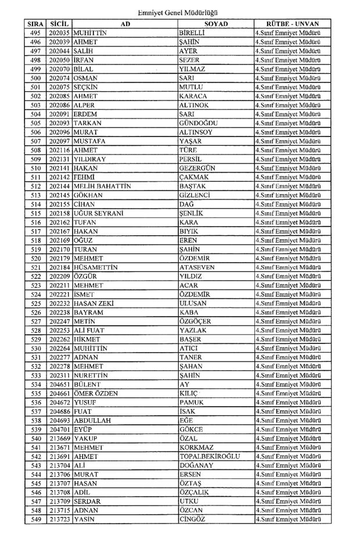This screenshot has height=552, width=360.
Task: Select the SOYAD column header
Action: point(215,24)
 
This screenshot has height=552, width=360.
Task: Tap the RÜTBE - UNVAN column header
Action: point(289,24)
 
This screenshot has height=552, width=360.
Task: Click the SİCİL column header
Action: point(60,24)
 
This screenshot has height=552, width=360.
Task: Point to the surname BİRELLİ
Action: point(195,33)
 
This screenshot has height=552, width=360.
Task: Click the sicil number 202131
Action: point(60,158)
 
